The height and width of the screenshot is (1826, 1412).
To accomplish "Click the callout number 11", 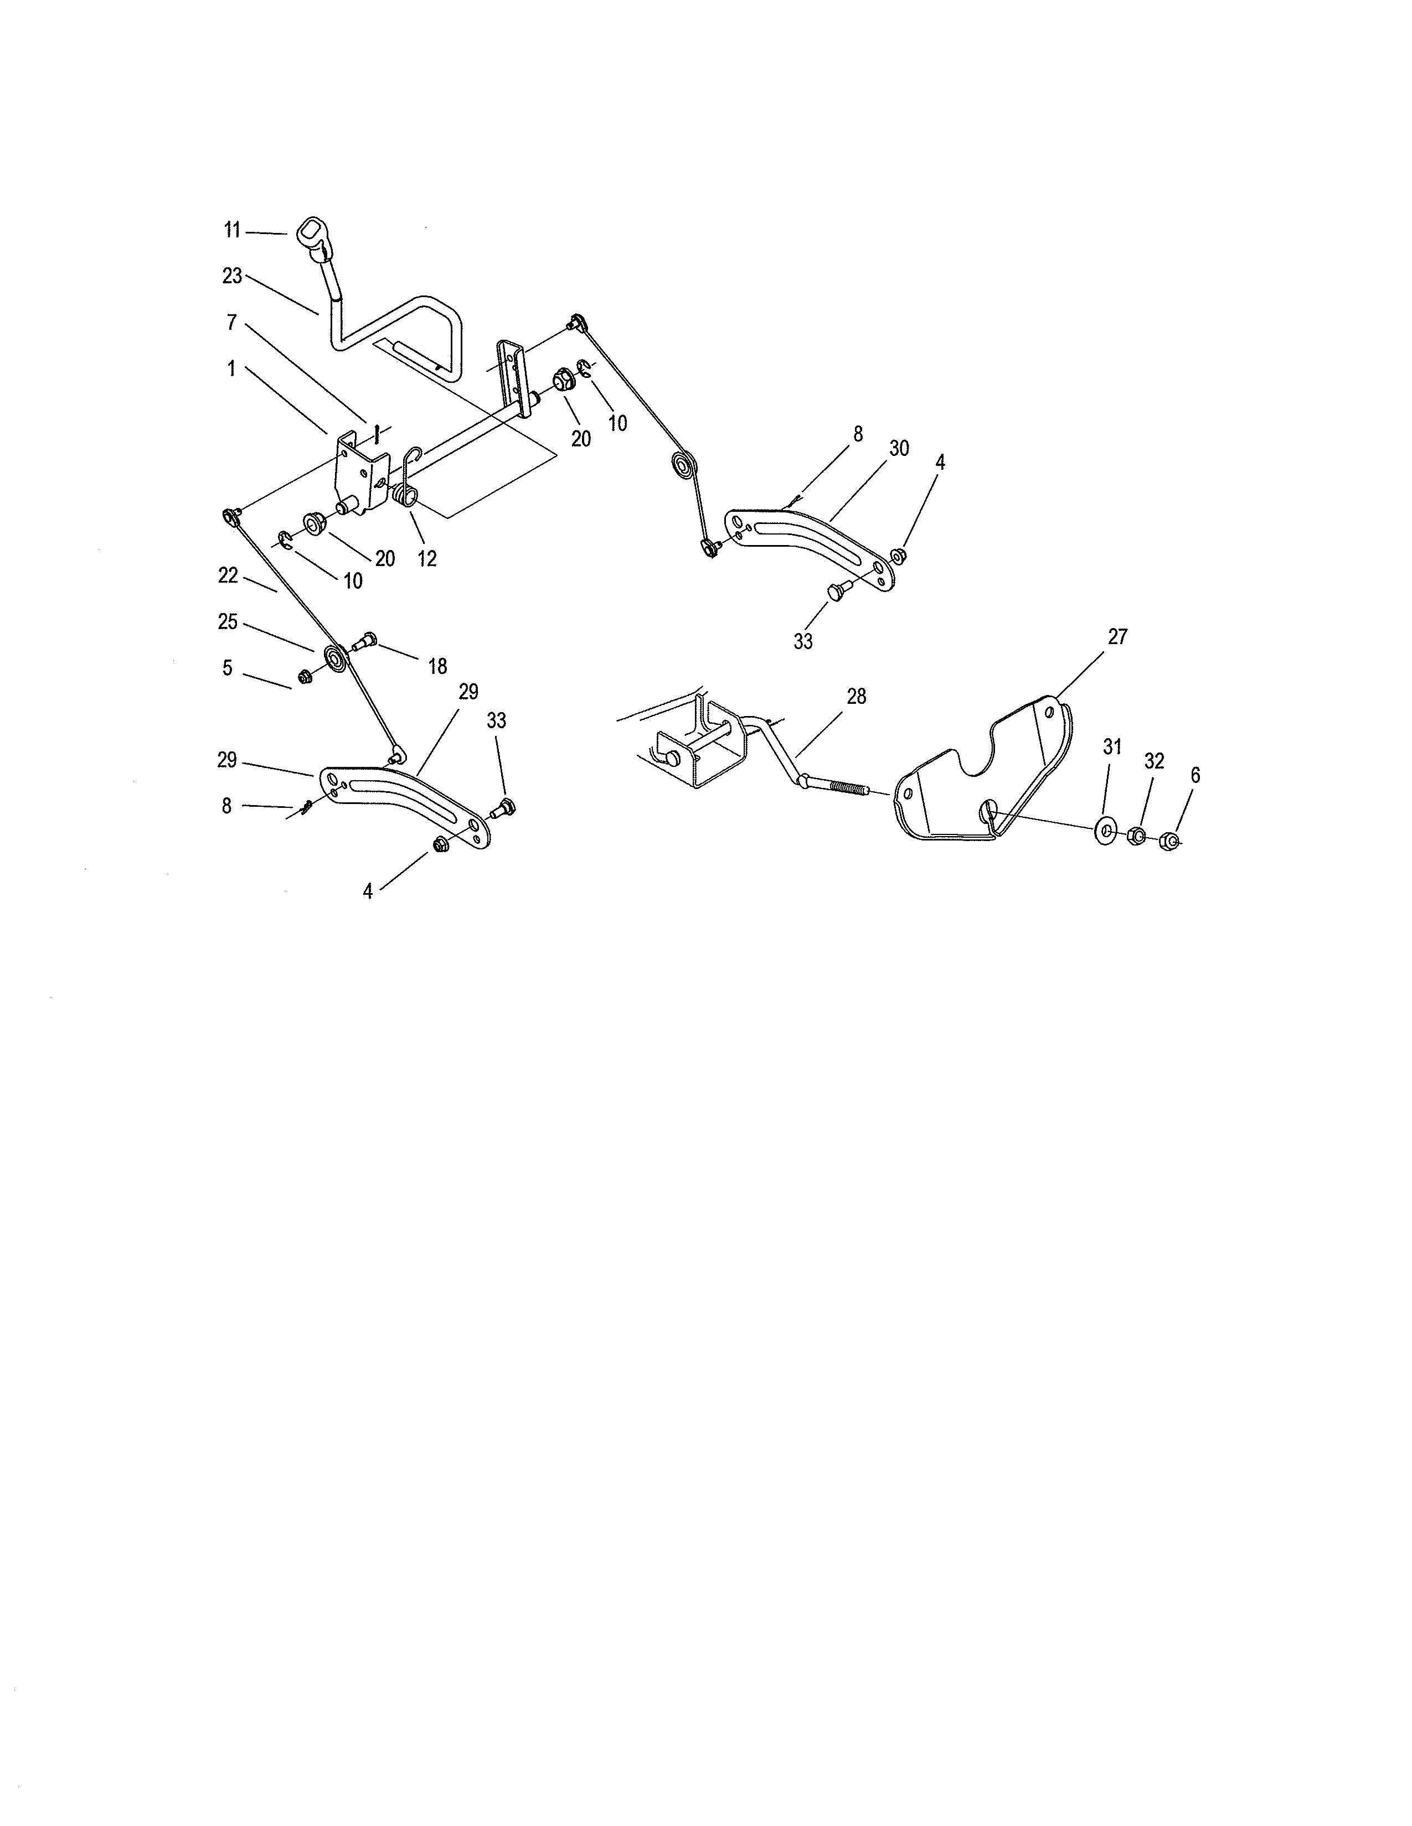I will tap(231, 230).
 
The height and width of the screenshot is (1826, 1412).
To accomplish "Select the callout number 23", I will tap(231, 276).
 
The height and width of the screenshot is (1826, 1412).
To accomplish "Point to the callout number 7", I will tap(231, 322).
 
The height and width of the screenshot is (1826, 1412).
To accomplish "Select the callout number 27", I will tap(1117, 637).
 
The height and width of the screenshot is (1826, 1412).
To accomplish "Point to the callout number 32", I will tap(1153, 761).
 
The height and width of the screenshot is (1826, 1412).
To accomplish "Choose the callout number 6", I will tap(1194, 776).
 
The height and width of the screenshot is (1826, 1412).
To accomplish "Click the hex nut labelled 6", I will tap(1173, 841).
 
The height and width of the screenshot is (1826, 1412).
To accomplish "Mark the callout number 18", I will tap(437, 666).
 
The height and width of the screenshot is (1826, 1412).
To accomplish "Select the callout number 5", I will tap(226, 668).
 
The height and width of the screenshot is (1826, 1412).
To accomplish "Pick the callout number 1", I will tap(231, 368).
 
